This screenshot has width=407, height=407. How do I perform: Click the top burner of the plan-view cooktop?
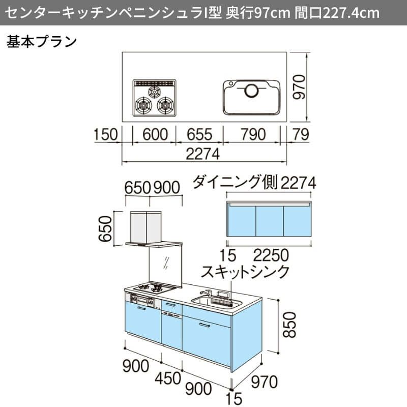pyautogui.click(x=155, y=92)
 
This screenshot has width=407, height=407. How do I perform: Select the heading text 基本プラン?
pyautogui.click(x=41, y=42)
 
